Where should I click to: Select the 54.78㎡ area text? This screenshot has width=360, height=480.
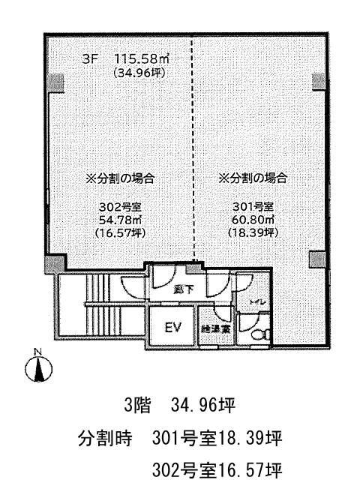click(120, 220)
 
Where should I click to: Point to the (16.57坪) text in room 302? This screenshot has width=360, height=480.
click(120, 232)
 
